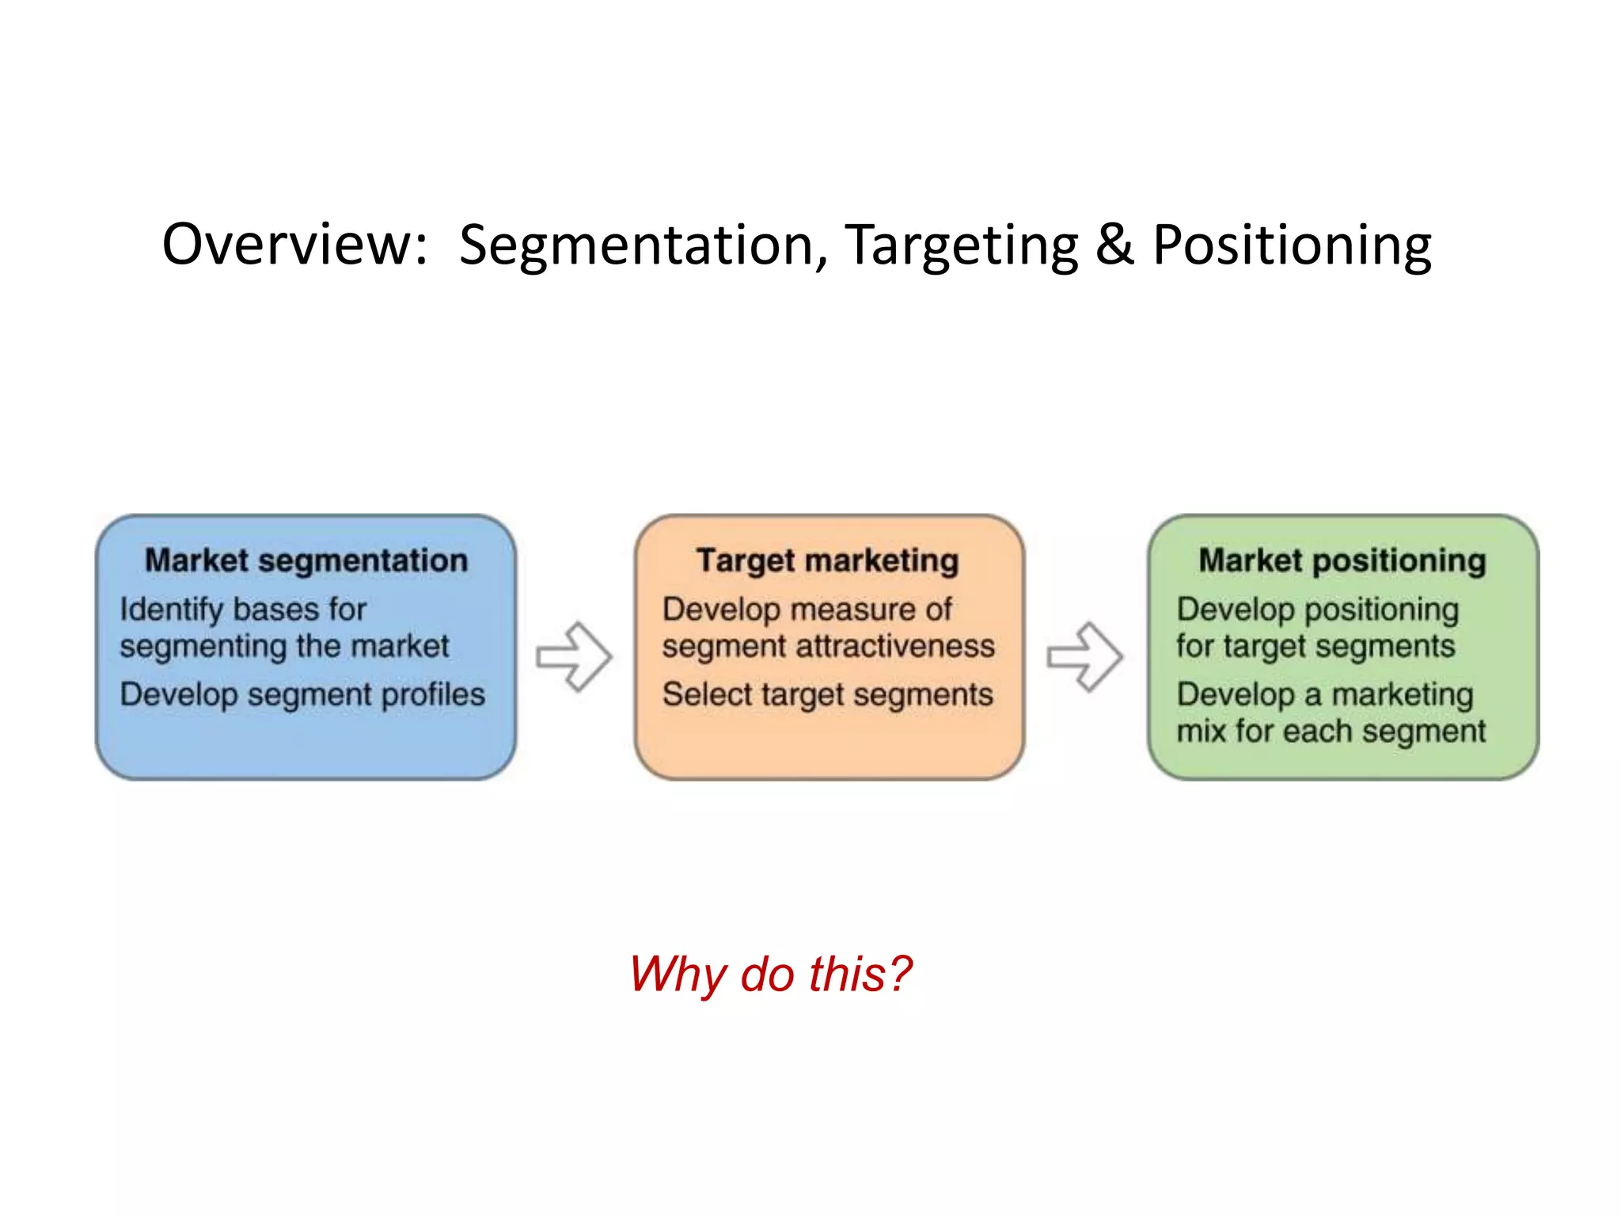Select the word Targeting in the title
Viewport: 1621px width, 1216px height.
[962, 245]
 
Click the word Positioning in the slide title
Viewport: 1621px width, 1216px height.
[1292, 245]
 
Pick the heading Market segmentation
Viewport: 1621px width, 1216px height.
[306, 560]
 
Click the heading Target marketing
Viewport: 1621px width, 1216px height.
[828, 560]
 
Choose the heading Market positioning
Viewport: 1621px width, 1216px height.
[1342, 560]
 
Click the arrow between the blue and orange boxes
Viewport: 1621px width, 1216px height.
[574, 656]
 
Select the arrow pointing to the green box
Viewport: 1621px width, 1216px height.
[1084, 656]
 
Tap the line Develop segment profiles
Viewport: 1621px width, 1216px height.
[302, 695]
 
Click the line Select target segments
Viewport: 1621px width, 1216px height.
[828, 695]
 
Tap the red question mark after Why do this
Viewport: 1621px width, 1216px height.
[901, 974]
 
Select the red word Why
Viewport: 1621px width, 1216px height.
[678, 974]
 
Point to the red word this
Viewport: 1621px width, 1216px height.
[846, 974]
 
